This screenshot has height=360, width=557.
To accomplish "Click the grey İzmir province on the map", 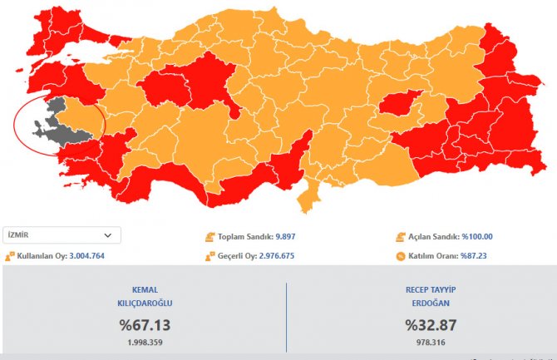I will pyautogui.click(x=53, y=121).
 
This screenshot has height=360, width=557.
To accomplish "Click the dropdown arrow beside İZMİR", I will pyautogui.click(x=107, y=235).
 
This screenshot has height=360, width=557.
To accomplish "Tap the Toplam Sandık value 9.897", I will pyautogui.click(x=282, y=237).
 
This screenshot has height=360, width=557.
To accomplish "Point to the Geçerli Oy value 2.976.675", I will pyautogui.click(x=287, y=256).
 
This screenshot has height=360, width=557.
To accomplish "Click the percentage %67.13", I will pyautogui.click(x=145, y=325).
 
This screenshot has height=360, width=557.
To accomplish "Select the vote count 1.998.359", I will pyautogui.click(x=145, y=342).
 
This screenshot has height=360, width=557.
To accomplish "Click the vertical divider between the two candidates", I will pyautogui.click(x=286, y=316).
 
